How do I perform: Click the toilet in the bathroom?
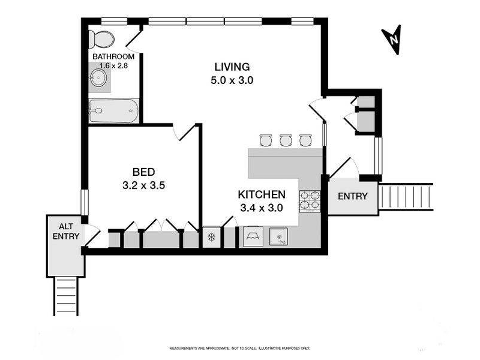(101, 39)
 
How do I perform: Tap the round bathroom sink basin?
(98, 77)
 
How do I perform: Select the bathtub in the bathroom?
(113, 111)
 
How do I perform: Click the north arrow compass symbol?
(392, 40)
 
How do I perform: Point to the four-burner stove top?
(310, 201)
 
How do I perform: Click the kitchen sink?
(278, 236)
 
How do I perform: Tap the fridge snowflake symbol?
(211, 236)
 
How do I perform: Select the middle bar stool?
(286, 140)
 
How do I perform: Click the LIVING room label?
(232, 67)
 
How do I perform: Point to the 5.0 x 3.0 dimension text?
(232, 80)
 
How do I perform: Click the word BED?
(143, 172)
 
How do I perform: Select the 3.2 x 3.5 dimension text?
(143, 185)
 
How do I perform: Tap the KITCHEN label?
(262, 194)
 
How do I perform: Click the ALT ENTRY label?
(66, 231)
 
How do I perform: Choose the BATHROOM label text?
(113, 56)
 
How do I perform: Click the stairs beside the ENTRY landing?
(406, 197)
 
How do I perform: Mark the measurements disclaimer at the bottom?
(239, 349)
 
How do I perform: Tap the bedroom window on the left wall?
(85, 202)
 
